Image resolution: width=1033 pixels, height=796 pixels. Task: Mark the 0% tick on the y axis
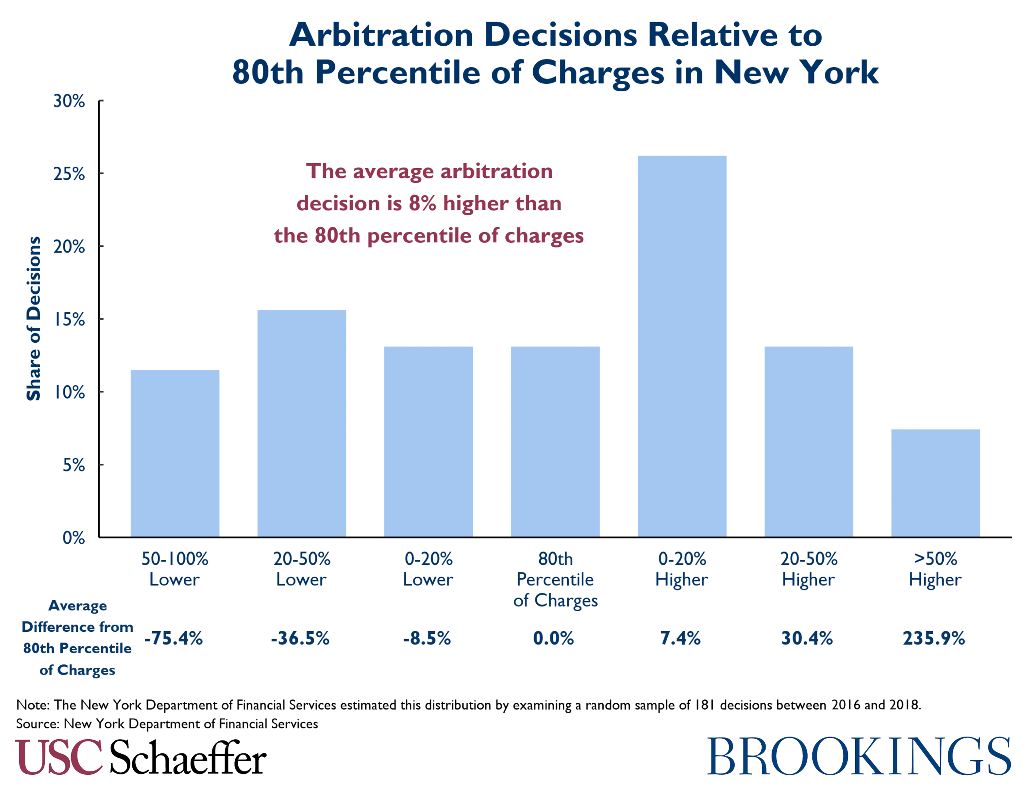(x=73, y=538)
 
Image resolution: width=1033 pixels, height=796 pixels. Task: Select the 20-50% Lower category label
(x=301, y=569)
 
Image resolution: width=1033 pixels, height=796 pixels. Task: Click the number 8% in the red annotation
(x=422, y=203)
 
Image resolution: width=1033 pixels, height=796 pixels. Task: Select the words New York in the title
(x=796, y=72)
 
